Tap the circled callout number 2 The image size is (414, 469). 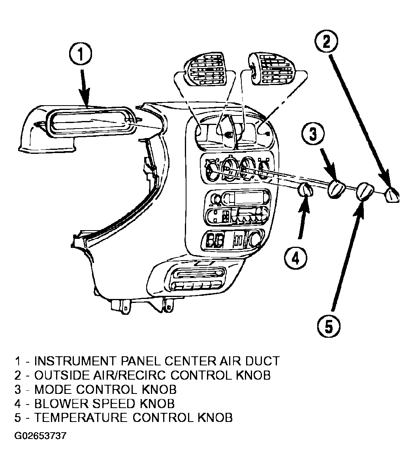coord(326,42)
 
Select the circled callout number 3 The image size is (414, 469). coord(313,134)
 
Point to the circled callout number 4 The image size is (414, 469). coord(295,258)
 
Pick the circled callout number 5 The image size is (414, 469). coord(329,326)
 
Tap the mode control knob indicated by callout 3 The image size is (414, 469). coord(336,188)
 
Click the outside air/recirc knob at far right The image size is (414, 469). coord(392,195)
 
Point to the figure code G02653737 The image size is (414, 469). coord(40,435)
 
